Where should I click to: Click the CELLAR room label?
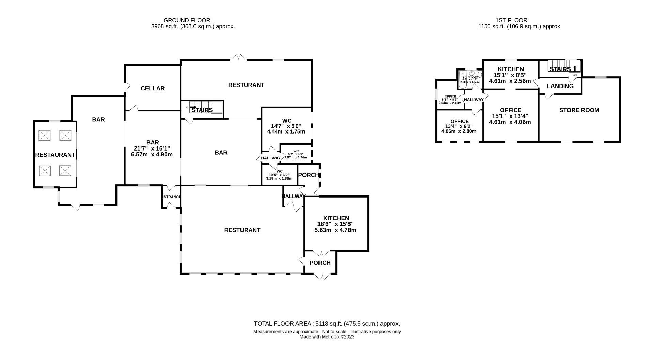(x=153, y=88)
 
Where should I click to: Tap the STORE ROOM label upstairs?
(x=579, y=110)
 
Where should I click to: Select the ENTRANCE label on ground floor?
(x=171, y=197)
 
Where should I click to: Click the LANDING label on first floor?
(x=560, y=86)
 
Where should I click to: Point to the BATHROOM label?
(x=470, y=77)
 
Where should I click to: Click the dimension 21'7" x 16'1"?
(x=152, y=148)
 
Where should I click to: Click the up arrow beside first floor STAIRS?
(x=575, y=69)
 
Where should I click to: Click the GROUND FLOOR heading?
(x=187, y=20)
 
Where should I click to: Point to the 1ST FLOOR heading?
(x=512, y=20)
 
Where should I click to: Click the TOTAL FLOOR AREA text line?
(x=327, y=324)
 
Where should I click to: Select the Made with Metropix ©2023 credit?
(x=327, y=337)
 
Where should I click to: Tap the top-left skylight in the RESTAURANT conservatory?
(x=44, y=136)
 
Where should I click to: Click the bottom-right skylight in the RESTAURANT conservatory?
(x=65, y=170)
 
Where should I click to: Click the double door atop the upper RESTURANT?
(x=238, y=58)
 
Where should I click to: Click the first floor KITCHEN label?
(x=511, y=69)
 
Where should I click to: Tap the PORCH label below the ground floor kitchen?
(x=320, y=263)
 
